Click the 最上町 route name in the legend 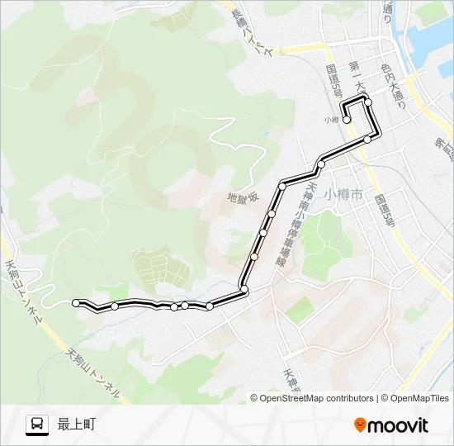(x=77, y=425)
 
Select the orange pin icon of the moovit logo (x=360, y=425)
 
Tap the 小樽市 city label (x=343, y=196)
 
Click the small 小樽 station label (x=332, y=119)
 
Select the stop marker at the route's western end (x=76, y=303)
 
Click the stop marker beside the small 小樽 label (x=347, y=120)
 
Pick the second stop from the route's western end (x=114, y=306)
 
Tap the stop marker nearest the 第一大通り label (x=368, y=102)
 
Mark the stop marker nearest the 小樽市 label (x=321, y=165)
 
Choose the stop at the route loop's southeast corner (x=367, y=140)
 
